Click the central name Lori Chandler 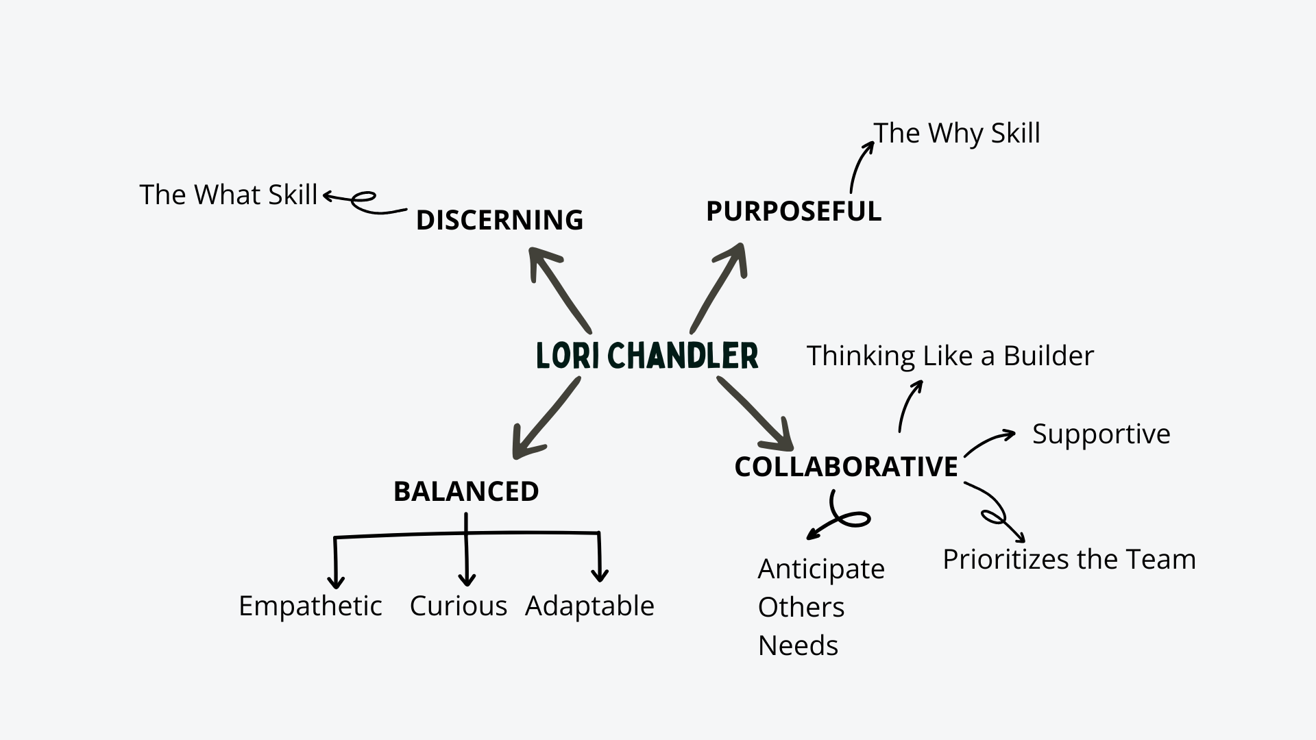tap(647, 356)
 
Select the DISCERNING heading tap(499, 220)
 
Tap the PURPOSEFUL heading tap(793, 211)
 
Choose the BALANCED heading tap(466, 491)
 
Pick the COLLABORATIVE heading tap(846, 467)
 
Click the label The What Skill tap(228, 195)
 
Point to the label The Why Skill tap(957, 133)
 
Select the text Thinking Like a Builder tap(950, 356)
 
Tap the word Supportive tap(1101, 434)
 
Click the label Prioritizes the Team tap(1069, 559)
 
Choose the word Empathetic tap(310, 606)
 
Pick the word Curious tap(458, 606)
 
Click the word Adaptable tap(589, 606)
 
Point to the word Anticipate tap(821, 569)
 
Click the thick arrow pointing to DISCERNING tap(558, 289)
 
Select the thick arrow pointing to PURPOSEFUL tap(719, 286)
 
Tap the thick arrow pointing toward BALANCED tap(546, 418)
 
